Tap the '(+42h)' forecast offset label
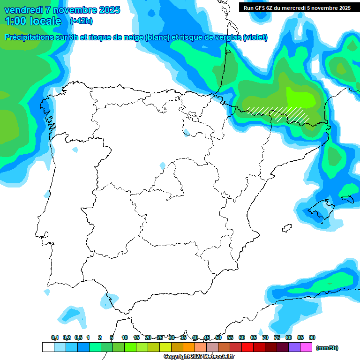(x=81, y=21)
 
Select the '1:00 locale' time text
(x=33, y=21)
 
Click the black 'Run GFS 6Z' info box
(x=297, y=7)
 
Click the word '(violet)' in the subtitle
(x=255, y=37)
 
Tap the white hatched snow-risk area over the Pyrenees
(x=279, y=113)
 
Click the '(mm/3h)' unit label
(x=327, y=347)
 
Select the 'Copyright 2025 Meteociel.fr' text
(x=199, y=357)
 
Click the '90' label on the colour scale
(x=312, y=337)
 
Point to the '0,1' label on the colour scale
(x=55, y=337)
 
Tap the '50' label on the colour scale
(x=218, y=337)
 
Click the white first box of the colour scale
(x=48, y=347)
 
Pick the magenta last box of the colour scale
(x=306, y=347)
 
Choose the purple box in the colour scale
(x=294, y=347)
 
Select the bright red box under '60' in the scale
(x=247, y=347)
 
